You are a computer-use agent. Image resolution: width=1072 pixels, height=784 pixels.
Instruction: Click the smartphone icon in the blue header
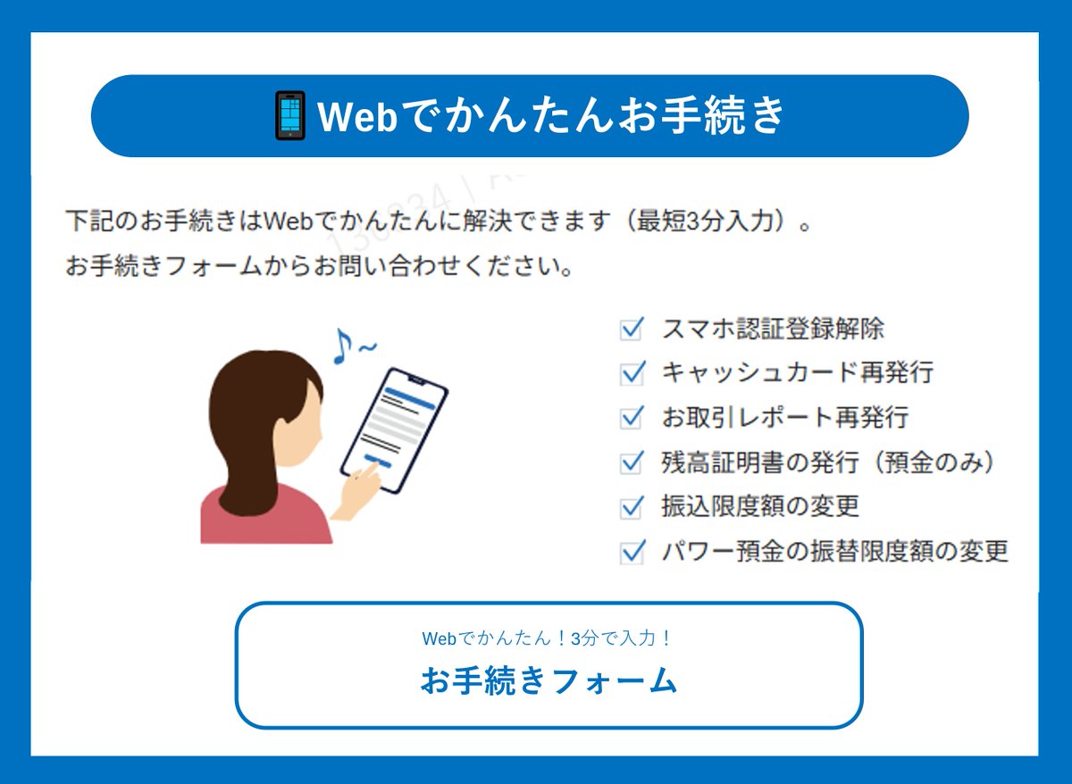289,116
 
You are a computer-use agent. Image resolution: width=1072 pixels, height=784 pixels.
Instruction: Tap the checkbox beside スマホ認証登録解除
632,329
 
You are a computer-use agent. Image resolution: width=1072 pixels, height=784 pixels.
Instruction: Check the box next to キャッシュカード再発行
632,372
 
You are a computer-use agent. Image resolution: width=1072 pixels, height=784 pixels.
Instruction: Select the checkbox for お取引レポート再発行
632,417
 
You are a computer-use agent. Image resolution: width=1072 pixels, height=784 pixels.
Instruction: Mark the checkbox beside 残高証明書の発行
632,462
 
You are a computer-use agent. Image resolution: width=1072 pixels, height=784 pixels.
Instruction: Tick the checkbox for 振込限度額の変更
632,506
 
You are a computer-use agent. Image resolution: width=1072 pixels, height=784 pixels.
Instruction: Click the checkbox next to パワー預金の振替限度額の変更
632,551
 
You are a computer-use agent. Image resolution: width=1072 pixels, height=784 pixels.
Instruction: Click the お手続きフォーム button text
549,681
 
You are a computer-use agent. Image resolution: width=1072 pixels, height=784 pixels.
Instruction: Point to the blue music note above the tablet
340,346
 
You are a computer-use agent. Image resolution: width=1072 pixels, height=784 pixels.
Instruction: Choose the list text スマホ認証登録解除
773,329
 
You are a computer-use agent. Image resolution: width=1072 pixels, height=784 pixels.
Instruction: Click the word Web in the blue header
356,116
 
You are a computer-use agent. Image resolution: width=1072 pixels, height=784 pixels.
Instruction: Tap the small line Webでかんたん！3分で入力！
548,638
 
